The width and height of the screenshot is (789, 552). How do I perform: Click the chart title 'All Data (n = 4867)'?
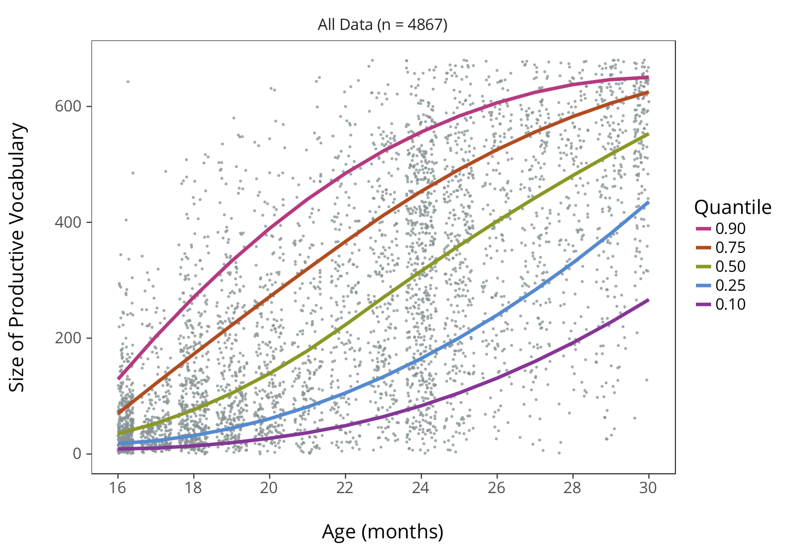[382, 25]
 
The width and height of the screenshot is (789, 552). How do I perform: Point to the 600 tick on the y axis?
[68, 106]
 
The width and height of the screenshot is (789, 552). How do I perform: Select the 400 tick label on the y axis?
[68, 222]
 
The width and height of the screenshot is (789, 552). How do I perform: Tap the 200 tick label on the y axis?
[68, 338]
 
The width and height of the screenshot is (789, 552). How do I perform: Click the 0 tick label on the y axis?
[77, 454]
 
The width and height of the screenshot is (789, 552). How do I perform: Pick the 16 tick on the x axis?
[117, 488]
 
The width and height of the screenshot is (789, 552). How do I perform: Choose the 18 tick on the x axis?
[193, 488]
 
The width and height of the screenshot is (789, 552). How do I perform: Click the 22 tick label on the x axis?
[345, 488]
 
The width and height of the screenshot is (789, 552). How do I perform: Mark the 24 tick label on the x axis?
[420, 488]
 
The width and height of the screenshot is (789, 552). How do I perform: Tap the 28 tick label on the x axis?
[572, 488]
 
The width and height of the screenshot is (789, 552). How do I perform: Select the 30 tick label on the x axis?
[648, 488]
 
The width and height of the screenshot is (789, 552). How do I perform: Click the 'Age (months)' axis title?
[382, 531]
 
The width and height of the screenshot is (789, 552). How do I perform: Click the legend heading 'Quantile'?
[732, 208]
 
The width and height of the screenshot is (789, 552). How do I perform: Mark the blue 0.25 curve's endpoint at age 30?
[648, 202]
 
